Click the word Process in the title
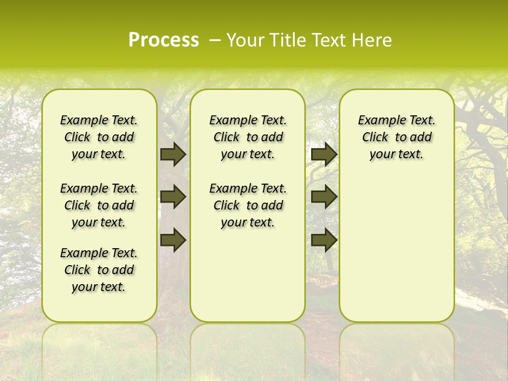(163, 40)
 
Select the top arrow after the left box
(173, 154)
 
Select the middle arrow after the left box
(173, 197)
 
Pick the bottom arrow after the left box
(173, 240)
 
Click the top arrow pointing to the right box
(324, 154)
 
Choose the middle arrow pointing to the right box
(324, 197)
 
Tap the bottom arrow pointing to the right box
(324, 240)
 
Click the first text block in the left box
(99, 137)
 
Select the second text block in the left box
(99, 205)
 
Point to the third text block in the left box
(99, 270)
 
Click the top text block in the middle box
(248, 137)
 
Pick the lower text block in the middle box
(248, 205)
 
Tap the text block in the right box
(396, 137)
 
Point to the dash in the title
(214, 40)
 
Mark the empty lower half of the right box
(396, 254)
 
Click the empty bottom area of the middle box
(248, 280)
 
